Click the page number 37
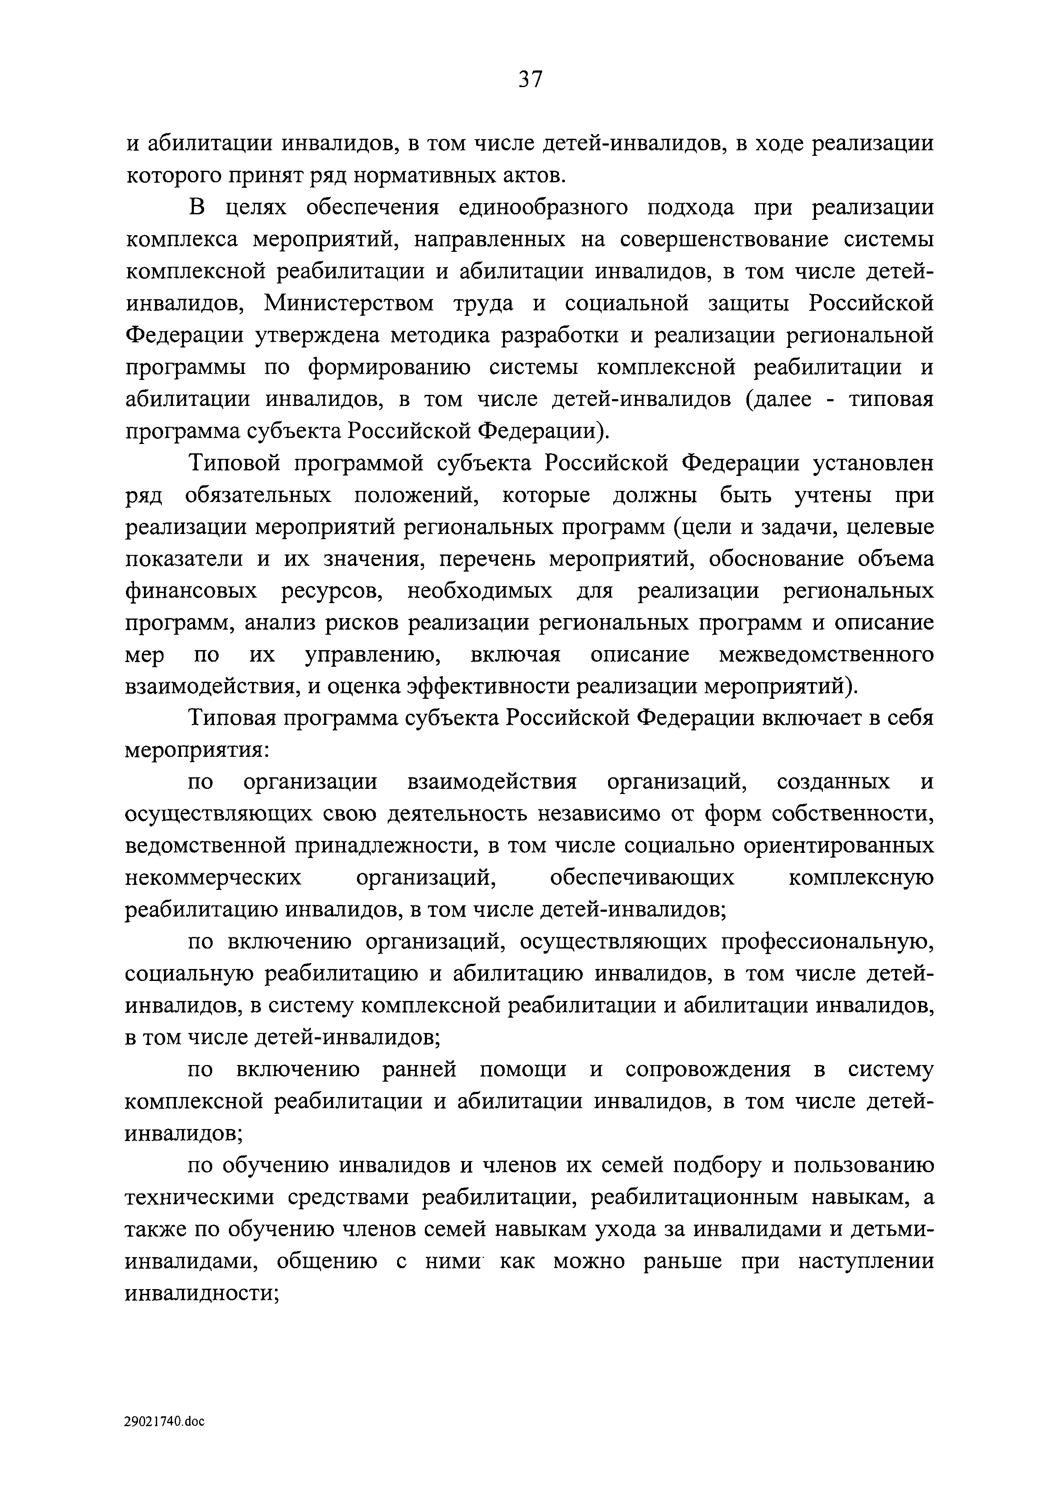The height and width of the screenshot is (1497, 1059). click(529, 79)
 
